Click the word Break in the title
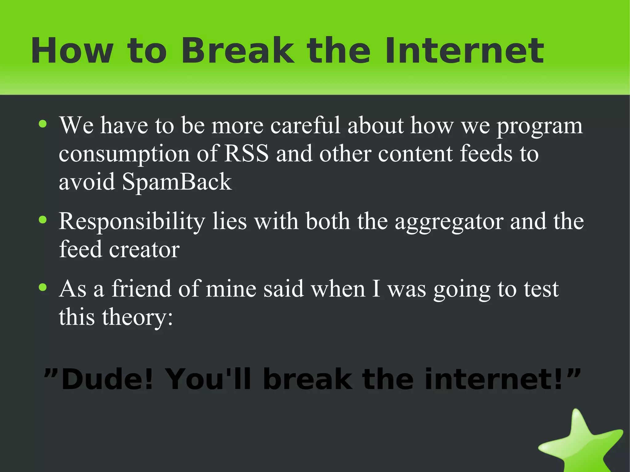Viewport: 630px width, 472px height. pyautogui.click(x=237, y=51)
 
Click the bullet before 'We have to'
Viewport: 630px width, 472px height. pyautogui.click(x=43, y=124)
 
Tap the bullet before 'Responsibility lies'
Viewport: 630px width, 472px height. pyautogui.click(x=43, y=220)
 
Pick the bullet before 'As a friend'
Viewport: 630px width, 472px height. pyautogui.click(x=43, y=288)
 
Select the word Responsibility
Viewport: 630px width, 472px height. pyautogui.click(x=132, y=221)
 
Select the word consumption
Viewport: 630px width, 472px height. pyautogui.click(x=124, y=154)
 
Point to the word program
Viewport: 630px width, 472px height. pyautogui.click(x=540, y=126)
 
